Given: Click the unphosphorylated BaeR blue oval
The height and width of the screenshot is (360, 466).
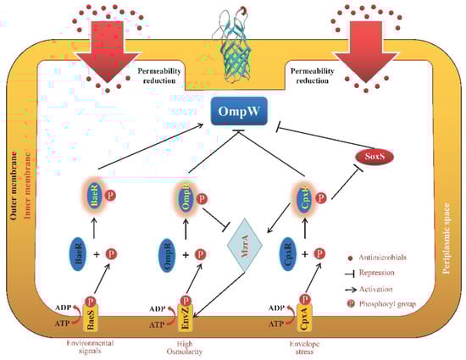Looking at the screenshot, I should coord(77,252).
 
